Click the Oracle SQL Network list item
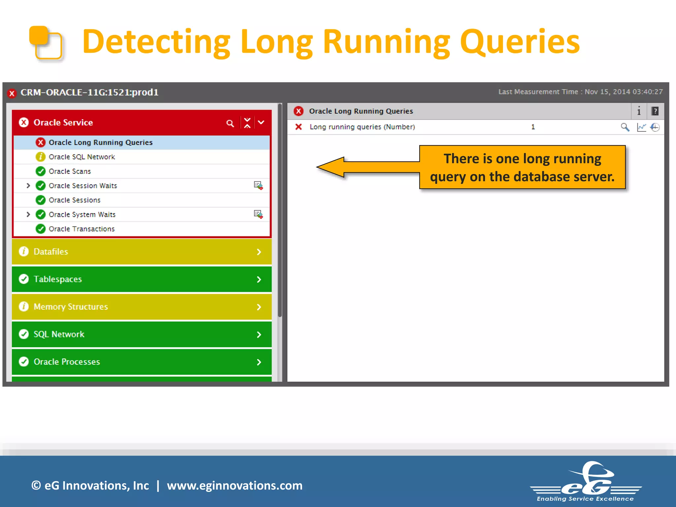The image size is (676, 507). click(82, 157)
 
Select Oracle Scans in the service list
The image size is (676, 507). click(70, 171)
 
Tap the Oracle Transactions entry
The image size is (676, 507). click(82, 229)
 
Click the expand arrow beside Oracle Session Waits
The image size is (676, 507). click(28, 186)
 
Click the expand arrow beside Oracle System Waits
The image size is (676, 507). click(28, 215)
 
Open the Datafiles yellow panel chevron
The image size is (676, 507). click(259, 252)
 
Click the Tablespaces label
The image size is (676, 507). click(58, 279)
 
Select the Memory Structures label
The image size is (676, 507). click(71, 307)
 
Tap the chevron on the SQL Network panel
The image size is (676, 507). click(259, 335)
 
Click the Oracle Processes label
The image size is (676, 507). click(67, 362)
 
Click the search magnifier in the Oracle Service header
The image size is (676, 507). click(230, 123)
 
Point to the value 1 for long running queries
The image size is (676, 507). click(533, 127)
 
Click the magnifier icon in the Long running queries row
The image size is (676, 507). click(625, 127)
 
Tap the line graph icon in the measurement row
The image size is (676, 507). click(641, 127)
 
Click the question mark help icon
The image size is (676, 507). click(655, 111)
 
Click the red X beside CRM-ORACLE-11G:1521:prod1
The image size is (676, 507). click(12, 93)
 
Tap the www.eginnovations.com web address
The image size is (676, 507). click(235, 486)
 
